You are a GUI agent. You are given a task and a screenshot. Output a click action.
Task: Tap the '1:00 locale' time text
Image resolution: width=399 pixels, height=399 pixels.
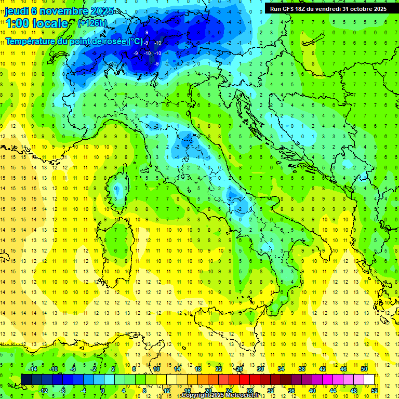[36, 23]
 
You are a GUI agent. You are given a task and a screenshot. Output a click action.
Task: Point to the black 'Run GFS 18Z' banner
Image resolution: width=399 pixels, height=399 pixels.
[328, 9]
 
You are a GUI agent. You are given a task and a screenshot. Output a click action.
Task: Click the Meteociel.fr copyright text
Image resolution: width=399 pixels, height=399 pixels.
[224, 395]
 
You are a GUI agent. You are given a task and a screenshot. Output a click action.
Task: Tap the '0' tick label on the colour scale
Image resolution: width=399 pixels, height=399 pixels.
[103, 391]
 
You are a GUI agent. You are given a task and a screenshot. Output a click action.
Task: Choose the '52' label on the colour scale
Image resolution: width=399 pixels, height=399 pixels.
[374, 391]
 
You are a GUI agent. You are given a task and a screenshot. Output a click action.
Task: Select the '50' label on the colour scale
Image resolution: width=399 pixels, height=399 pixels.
[364, 369]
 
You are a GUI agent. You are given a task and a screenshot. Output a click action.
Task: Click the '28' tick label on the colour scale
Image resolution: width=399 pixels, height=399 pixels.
[249, 391]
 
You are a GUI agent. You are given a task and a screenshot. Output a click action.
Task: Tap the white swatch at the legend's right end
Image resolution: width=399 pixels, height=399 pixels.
[369, 380]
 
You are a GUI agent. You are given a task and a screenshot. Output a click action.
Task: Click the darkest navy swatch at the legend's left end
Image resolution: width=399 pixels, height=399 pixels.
[26, 380]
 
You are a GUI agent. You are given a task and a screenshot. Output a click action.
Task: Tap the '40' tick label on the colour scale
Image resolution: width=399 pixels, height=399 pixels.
[312, 391]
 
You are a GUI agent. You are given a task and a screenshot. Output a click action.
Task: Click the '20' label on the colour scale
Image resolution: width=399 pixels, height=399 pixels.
[208, 391]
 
